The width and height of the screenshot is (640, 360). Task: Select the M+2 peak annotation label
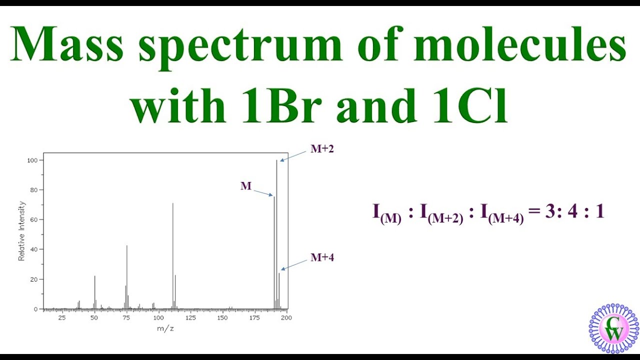pyautogui.click(x=322, y=148)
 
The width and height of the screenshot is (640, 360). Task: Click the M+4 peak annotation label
pyautogui.click(x=322, y=257)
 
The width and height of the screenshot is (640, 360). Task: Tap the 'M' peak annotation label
pyautogui.click(x=246, y=186)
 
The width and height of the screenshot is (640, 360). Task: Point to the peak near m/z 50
pyautogui.click(x=94, y=292)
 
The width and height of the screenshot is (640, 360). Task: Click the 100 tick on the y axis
pyautogui.click(x=32, y=160)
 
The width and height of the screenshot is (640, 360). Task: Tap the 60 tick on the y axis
pyautogui.click(x=33, y=219)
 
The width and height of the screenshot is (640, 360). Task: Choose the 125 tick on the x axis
pyautogui.click(x=190, y=317)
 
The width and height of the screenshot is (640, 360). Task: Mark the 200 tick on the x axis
pyautogui.click(x=286, y=317)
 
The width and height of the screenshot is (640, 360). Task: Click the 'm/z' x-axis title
pyautogui.click(x=165, y=328)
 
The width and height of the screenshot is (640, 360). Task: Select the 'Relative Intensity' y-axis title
pyautogui.click(x=22, y=230)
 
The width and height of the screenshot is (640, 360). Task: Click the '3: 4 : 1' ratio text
pyautogui.click(x=574, y=212)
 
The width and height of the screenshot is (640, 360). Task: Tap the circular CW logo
pyautogui.click(x=614, y=328)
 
